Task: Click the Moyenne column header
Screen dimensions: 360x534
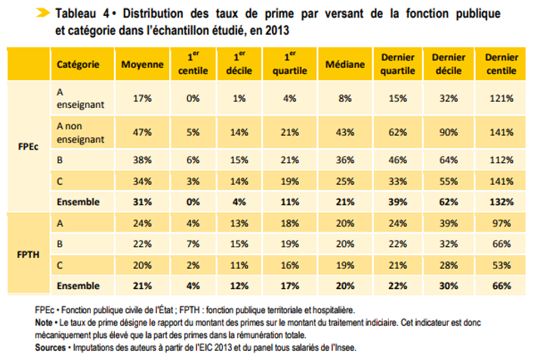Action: pyautogui.click(x=142, y=64)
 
